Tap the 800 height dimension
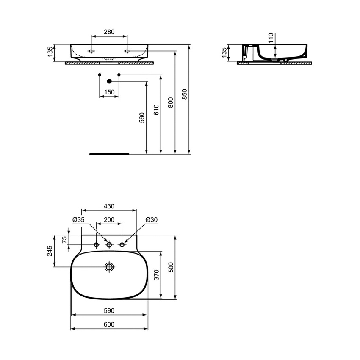pos(171,103)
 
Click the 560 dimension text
pos(142,117)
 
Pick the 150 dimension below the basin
pos(109,92)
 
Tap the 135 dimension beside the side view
pos(225,53)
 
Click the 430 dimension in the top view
pos(109,206)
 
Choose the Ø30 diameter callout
pos(151,220)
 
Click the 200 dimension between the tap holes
pos(109,220)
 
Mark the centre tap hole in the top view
pos(109,245)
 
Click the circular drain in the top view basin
pos(110,266)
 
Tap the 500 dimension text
pos(171,267)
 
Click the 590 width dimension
pos(109,310)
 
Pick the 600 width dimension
pos(109,324)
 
